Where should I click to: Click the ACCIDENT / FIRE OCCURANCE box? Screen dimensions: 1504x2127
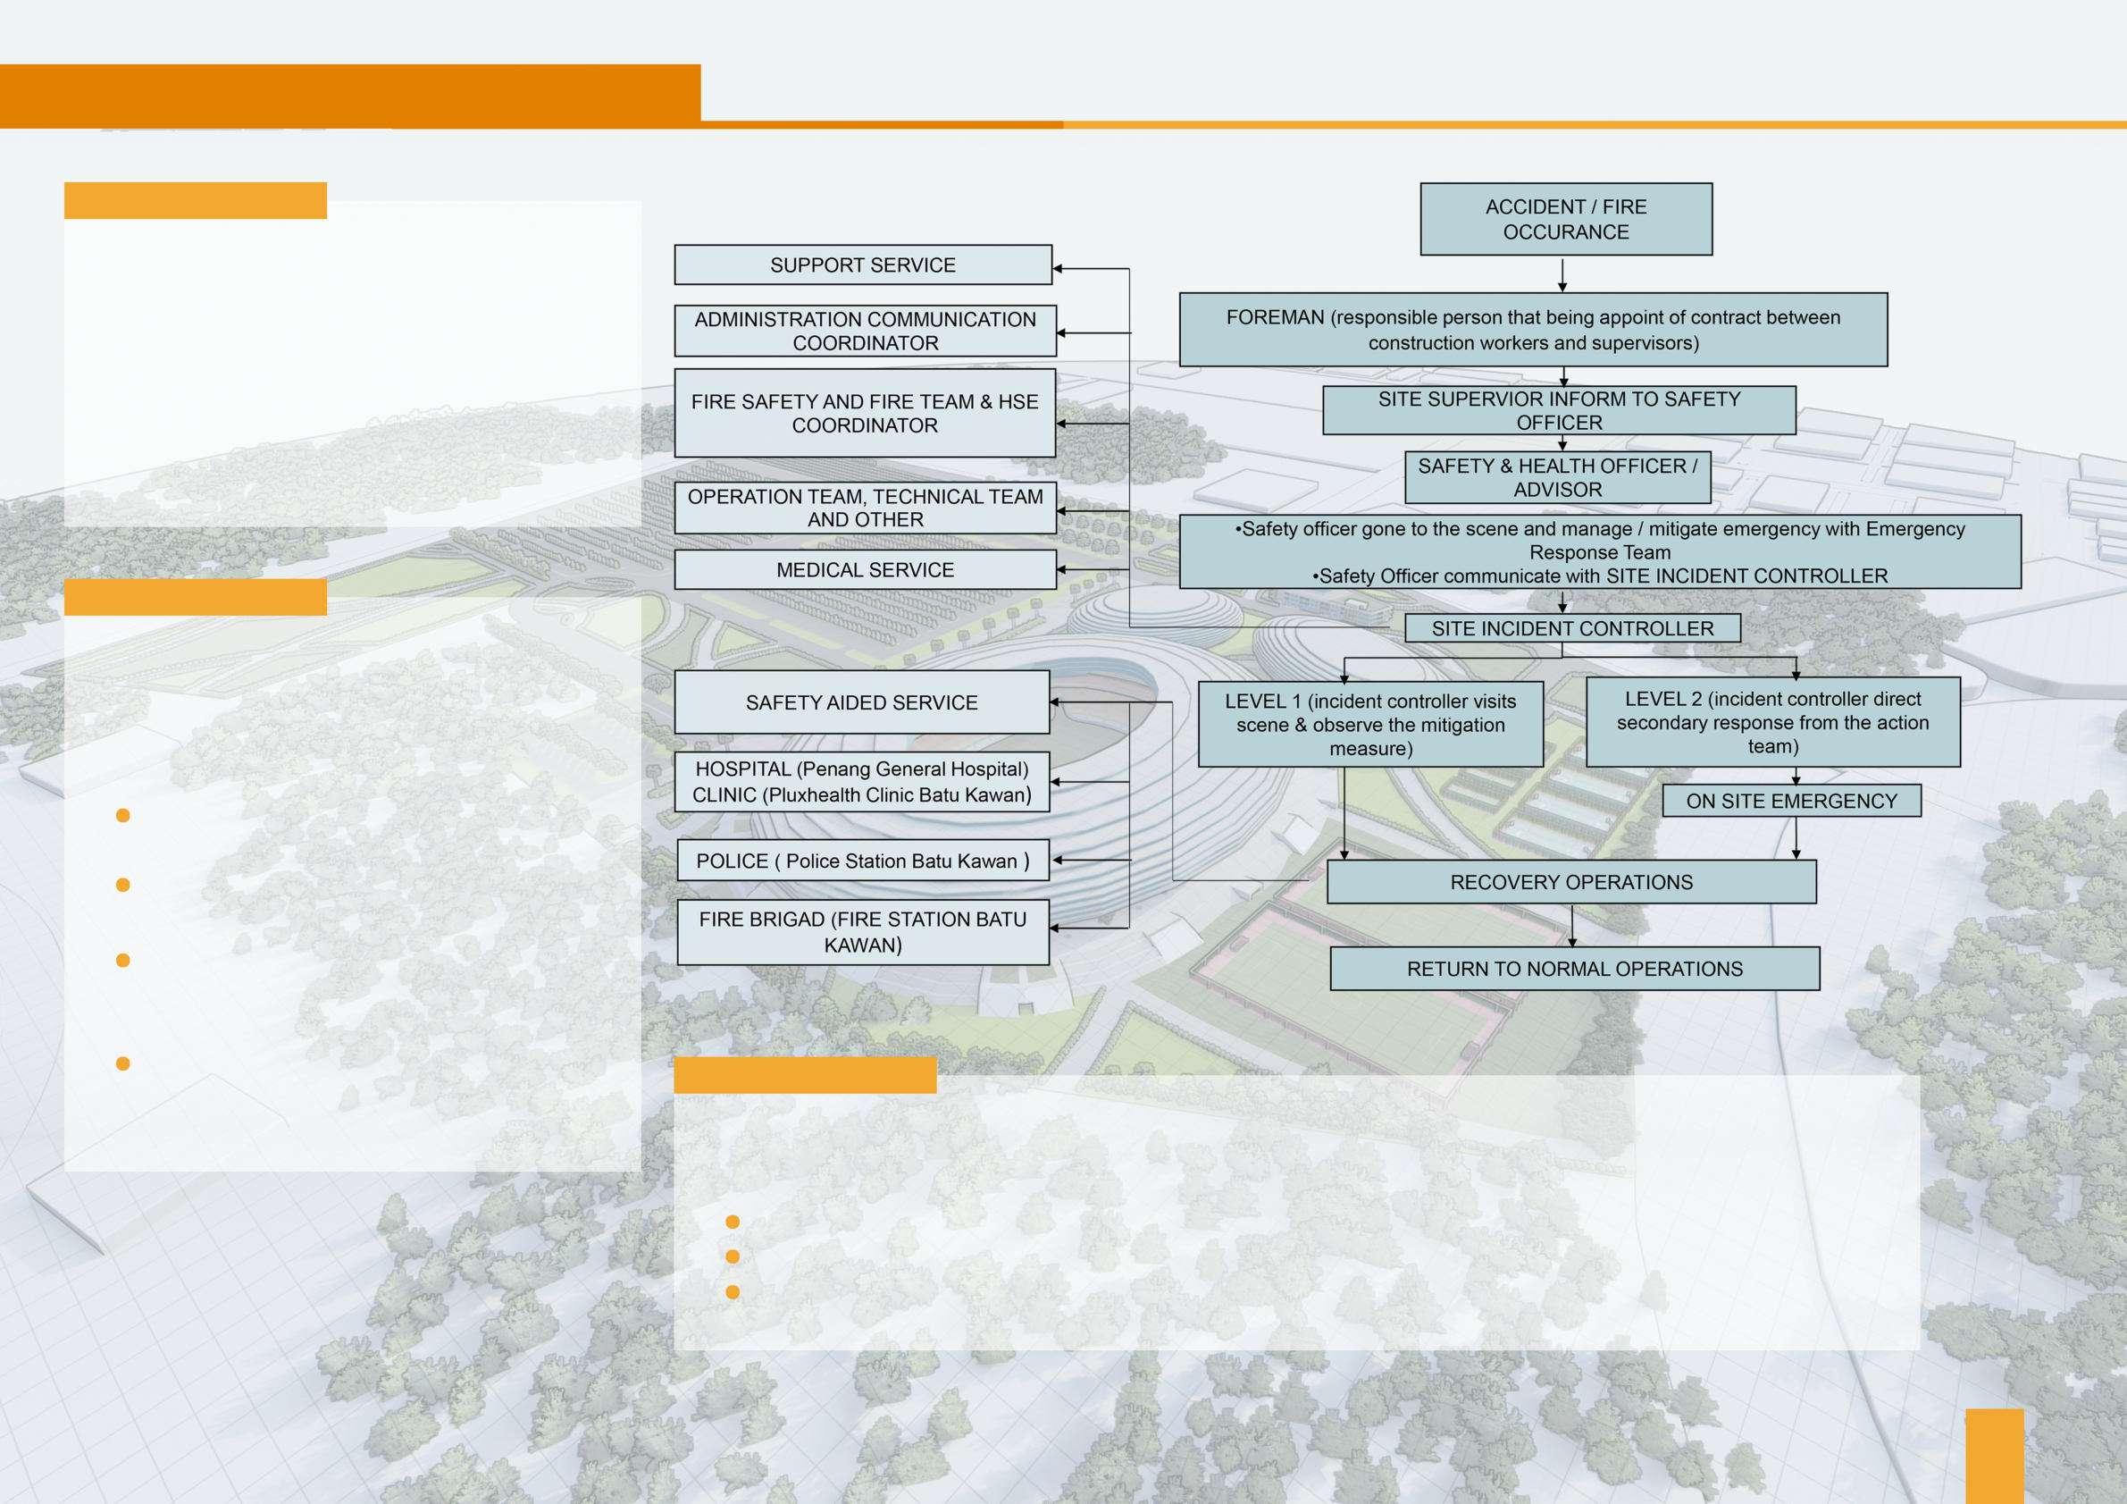click(1566, 219)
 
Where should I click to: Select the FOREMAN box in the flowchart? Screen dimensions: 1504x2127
click(1533, 330)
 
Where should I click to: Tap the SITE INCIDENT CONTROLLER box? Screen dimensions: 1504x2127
click(1572, 628)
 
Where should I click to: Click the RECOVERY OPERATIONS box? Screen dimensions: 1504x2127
click(1571, 882)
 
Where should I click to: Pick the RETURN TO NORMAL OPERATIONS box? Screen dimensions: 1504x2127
click(1574, 969)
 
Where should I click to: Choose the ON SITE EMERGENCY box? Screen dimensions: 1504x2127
click(1791, 801)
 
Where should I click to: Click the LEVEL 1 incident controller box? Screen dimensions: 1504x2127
click(1370, 725)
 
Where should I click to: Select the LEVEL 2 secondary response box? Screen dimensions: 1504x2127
click(1772, 722)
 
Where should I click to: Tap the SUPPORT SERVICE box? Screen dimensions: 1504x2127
click(862, 265)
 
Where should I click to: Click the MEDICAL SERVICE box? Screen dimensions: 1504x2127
click(865, 570)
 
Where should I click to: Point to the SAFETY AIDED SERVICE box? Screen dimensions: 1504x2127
click(861, 702)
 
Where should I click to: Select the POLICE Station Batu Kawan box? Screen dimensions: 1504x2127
click(862, 861)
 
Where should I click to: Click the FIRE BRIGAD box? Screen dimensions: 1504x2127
click(862, 932)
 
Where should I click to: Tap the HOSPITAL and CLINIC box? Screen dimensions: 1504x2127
click(861, 782)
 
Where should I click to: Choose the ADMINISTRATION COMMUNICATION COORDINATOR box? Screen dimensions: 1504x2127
click(865, 331)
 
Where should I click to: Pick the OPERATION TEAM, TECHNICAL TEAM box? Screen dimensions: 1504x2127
click(865, 508)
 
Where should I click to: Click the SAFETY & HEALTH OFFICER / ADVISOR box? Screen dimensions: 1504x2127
click(1557, 477)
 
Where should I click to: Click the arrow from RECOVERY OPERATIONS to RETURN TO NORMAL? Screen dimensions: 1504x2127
click(1571, 925)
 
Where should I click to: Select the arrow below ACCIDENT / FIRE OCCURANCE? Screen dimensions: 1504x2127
click(1562, 275)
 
